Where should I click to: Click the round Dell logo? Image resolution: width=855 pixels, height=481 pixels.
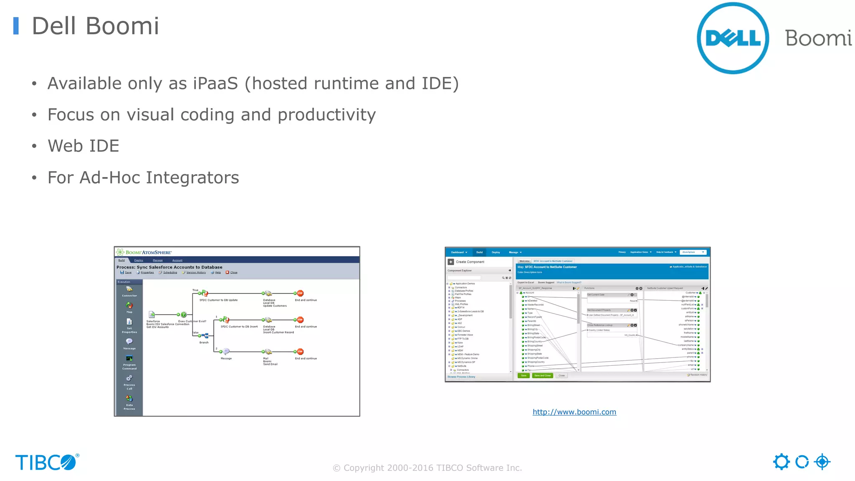coord(733,38)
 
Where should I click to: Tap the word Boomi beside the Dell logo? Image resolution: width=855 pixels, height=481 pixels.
coord(818,38)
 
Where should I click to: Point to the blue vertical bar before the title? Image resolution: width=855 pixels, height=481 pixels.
coord(16,26)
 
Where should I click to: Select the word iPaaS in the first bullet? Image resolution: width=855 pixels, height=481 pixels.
coord(215,84)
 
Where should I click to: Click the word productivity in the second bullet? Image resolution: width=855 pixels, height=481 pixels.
coord(326,115)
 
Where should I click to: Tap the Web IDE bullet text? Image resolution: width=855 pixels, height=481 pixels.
coord(83,146)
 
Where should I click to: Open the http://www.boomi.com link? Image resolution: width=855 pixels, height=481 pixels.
coord(574,412)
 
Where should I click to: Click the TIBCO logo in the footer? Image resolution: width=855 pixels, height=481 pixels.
coord(47,462)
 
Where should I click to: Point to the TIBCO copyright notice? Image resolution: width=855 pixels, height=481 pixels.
coord(427,468)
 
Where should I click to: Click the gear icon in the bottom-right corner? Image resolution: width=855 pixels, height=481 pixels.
coord(781,462)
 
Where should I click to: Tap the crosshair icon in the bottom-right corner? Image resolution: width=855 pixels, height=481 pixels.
coord(822,462)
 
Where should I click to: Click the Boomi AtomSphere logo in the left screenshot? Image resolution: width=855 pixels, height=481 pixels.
coord(144,252)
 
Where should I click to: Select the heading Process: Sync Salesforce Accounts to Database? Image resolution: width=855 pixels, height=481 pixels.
coord(169,267)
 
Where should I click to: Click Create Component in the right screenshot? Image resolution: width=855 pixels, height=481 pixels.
coord(470,262)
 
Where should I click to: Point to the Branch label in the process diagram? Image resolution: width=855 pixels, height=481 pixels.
coord(204,342)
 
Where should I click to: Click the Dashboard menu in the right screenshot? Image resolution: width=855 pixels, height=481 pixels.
coord(458,252)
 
